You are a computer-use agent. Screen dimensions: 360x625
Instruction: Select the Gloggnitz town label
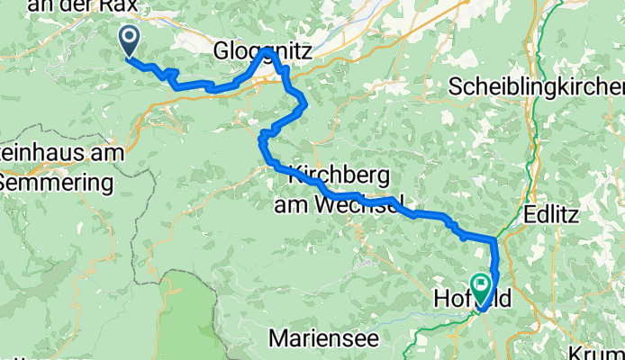pyautogui.click(x=263, y=53)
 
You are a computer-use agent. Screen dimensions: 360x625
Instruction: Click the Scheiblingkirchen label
pyautogui.click(x=537, y=87)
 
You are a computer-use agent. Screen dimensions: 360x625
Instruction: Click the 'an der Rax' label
pyautogui.click(x=83, y=7)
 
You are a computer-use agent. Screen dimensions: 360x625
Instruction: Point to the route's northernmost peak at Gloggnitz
pyautogui.click(x=267, y=51)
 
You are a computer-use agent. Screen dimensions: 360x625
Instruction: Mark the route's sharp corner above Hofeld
pyautogui.click(x=494, y=239)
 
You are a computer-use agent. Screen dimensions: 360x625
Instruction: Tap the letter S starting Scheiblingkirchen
pyautogui.click(x=455, y=87)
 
